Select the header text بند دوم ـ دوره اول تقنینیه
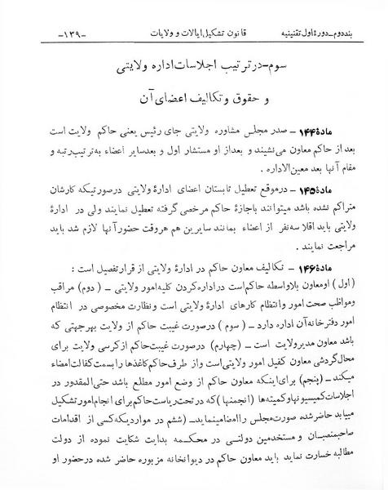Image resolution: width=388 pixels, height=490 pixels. click(x=323, y=38)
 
